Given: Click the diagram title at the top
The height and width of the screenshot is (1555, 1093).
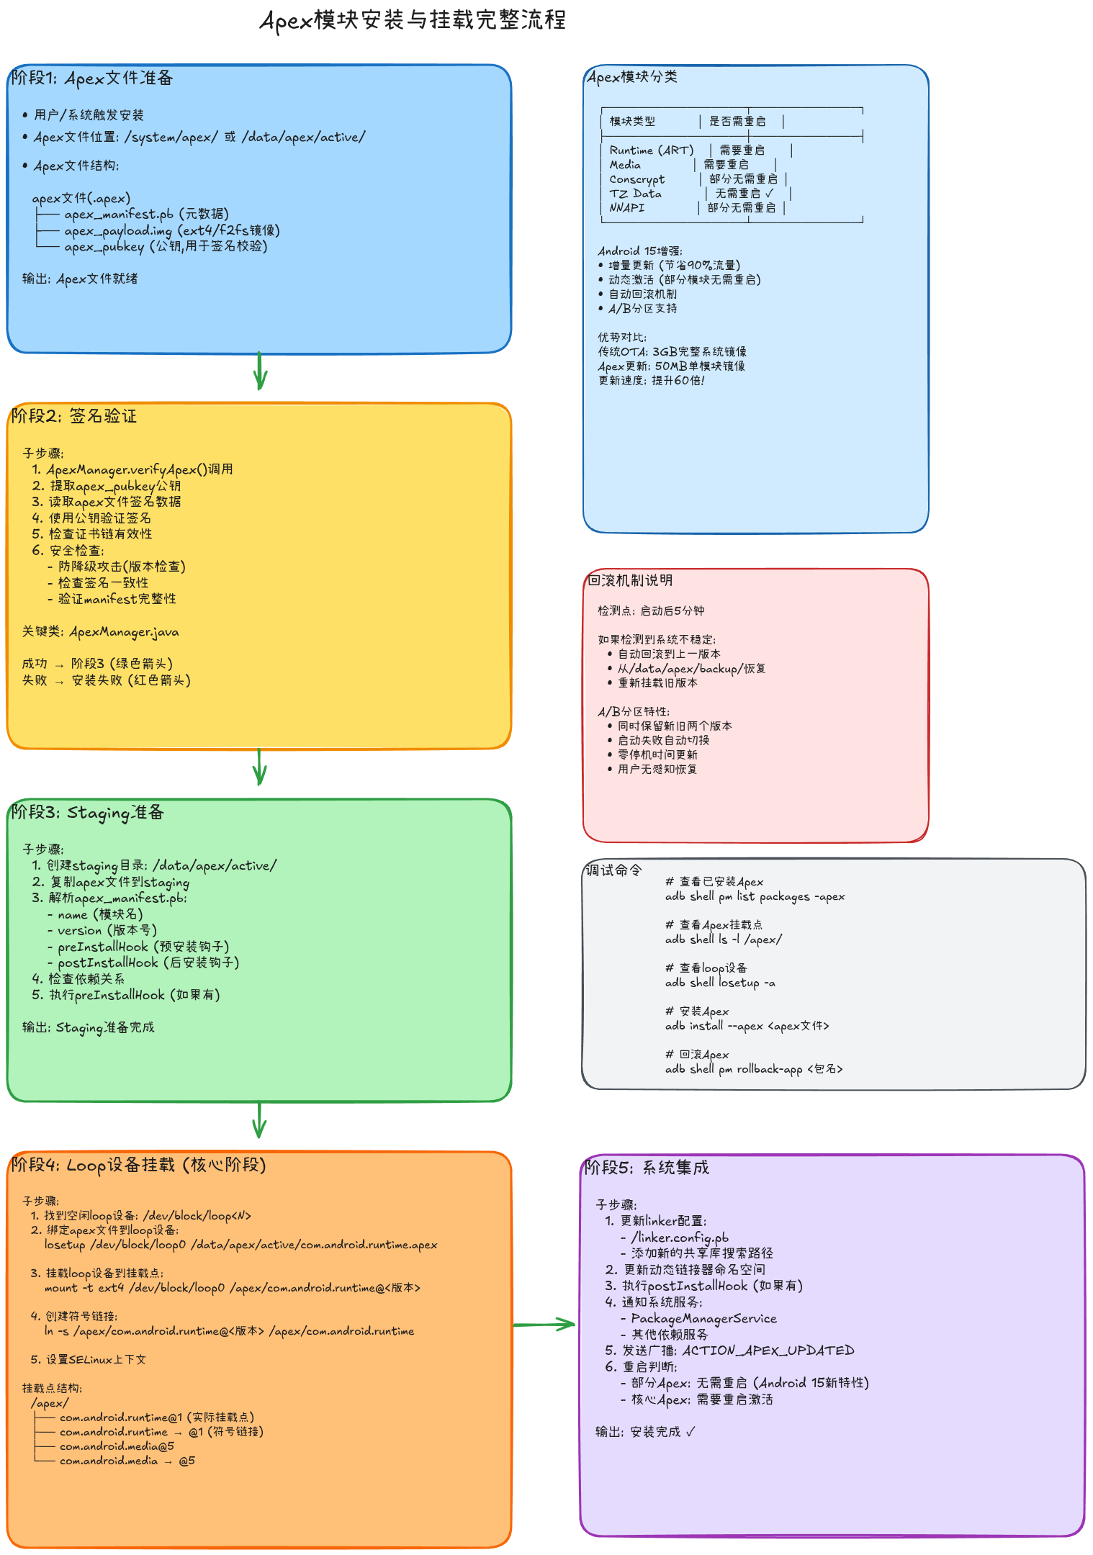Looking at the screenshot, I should coord(413,20).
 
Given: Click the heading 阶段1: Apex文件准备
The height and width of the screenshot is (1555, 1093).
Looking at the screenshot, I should coord(92,78).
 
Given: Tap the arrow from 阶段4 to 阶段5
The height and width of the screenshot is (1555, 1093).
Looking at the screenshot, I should coord(544,1324).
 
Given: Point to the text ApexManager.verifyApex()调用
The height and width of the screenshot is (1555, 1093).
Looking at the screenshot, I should coord(140,470).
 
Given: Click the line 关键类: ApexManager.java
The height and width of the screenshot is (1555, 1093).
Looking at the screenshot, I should coord(100,632).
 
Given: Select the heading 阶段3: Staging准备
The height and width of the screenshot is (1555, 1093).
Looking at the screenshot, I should coord(88,813).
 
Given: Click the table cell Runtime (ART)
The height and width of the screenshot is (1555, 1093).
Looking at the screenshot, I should coord(651,150).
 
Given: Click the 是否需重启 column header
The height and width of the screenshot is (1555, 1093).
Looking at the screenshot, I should coord(737,122).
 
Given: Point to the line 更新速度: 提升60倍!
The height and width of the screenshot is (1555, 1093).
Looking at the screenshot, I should coord(651,381).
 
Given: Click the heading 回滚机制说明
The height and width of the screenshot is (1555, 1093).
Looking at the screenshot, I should coord(630,580).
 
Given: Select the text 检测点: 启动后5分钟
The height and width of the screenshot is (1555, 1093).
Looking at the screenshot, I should coord(651,611).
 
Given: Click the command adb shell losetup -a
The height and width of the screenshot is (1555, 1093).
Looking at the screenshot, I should coord(720,983).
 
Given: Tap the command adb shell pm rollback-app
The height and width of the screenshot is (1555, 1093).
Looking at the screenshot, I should coord(753,1069).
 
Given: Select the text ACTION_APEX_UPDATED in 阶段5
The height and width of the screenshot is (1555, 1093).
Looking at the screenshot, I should coord(768,1351).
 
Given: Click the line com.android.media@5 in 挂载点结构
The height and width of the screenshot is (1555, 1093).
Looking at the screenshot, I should coord(117,1446).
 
